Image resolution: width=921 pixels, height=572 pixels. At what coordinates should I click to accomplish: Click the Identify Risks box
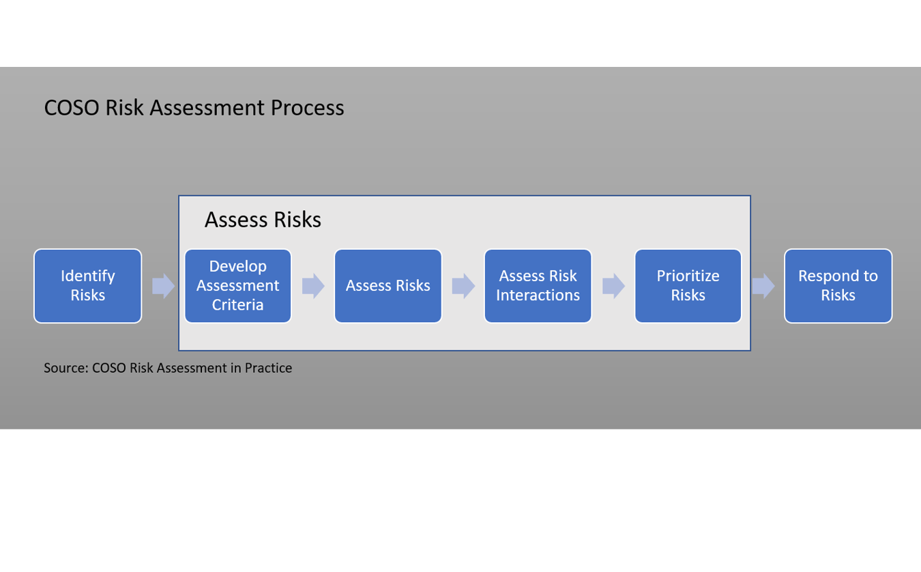87,285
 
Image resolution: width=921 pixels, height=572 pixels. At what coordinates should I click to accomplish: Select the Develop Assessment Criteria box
237,285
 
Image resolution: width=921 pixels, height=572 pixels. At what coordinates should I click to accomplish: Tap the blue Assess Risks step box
388,285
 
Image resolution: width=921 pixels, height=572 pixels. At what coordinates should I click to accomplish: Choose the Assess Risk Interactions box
538,285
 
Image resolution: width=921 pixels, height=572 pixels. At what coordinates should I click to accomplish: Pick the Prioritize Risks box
688,285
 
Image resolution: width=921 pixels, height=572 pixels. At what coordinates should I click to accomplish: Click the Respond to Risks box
838,285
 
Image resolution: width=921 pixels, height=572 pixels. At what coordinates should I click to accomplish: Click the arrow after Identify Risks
163,285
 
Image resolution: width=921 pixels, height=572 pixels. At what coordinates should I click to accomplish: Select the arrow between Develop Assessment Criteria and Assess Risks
313,285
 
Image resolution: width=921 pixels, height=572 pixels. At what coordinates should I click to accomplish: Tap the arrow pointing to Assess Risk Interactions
463,285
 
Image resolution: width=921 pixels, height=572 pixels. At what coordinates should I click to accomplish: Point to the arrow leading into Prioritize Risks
613,285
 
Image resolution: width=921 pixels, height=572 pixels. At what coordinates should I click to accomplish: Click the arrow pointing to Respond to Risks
763,285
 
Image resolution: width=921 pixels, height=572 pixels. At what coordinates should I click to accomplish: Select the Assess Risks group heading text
263,220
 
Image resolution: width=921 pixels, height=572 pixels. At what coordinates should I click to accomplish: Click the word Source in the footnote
65,368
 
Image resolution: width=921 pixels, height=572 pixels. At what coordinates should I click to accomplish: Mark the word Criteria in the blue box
237,304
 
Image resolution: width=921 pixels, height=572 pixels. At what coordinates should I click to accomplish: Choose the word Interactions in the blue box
538,295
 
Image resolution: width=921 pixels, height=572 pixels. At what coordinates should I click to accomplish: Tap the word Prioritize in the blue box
688,276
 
